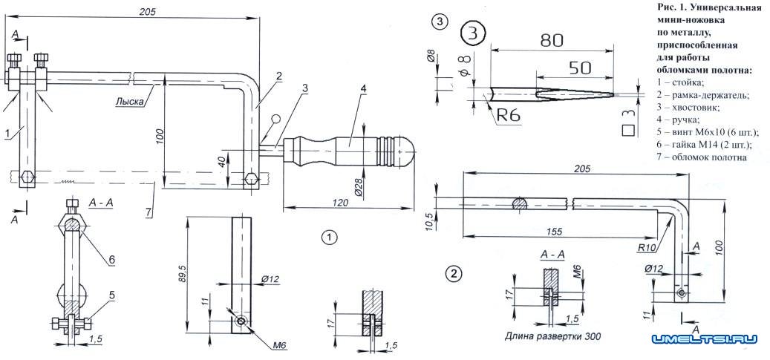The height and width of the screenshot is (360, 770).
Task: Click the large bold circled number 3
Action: tap(473, 33)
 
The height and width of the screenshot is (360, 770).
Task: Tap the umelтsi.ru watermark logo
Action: tap(705, 340)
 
